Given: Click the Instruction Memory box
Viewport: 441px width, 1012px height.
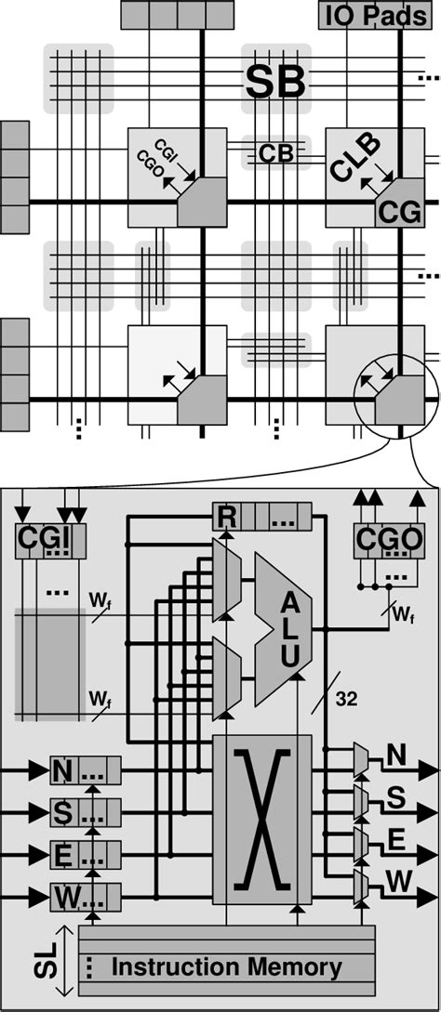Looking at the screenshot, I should pyautogui.click(x=227, y=966).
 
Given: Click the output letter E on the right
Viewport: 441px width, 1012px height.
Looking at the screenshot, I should pyautogui.click(x=396, y=841).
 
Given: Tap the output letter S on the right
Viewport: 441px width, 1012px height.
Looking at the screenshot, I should pyautogui.click(x=396, y=797).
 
